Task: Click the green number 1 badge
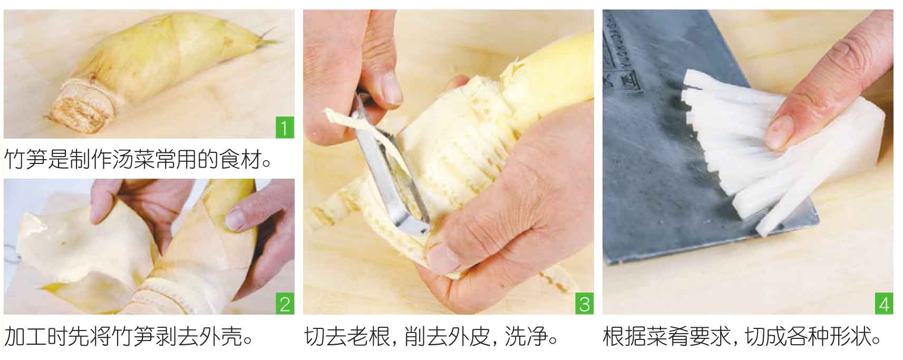click(285, 128)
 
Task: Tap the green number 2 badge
click(285, 304)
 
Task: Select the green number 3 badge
click(584, 304)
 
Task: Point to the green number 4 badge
click(884, 304)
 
